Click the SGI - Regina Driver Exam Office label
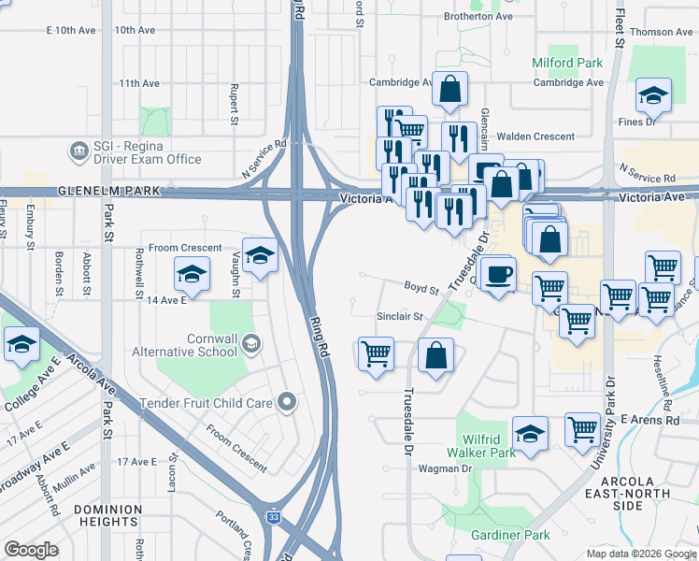[147, 151]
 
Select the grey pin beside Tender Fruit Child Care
[287, 403]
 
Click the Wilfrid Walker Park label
[487, 446]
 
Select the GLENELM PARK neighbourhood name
[103, 191]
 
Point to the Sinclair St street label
[400, 317]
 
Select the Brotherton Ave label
[478, 17]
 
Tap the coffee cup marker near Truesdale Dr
[499, 274]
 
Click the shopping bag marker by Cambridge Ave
[450, 90]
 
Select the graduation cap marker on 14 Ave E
[192, 274]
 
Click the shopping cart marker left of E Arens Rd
[583, 429]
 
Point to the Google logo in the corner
[32, 550]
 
